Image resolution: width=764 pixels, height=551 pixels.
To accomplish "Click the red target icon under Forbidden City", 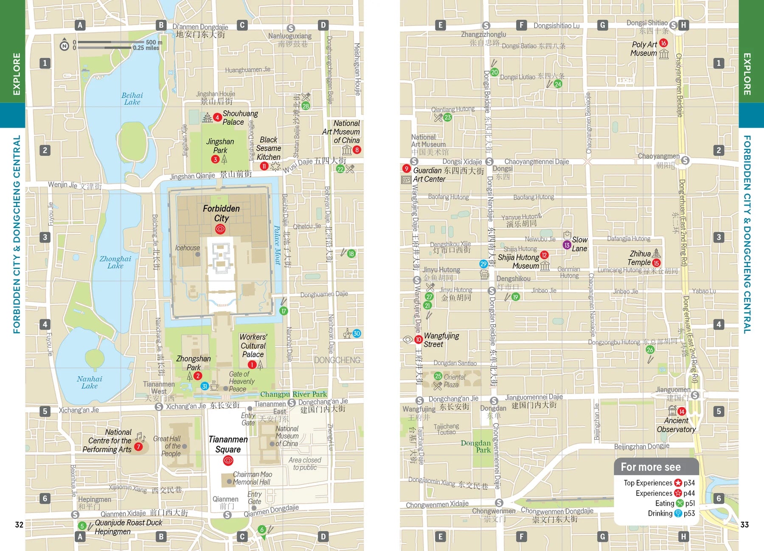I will pos(220,229).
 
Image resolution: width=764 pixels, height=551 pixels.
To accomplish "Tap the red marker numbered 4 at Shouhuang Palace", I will pos(217,117).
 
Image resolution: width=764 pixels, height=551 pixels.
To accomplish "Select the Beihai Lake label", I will pos(132,99).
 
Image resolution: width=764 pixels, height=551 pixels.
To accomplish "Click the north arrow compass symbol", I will pos(64,45).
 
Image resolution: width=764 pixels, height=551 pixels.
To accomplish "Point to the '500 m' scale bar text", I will pos(154,42).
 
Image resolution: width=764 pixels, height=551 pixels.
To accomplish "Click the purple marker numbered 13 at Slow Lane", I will pos(567,245).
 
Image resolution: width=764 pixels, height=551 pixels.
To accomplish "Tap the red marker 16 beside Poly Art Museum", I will pos(663,43).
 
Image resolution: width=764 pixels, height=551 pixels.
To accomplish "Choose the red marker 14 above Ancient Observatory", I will pos(681,411).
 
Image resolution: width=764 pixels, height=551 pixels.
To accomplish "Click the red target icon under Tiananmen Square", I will pos(228,460).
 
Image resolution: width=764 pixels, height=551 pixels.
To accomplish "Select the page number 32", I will pos(19,525).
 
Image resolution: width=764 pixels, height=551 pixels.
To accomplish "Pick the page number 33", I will pos(744,525).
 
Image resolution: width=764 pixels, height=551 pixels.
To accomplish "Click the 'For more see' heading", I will pos(651,467).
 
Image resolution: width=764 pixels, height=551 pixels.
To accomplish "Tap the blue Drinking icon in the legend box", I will pos(678,513).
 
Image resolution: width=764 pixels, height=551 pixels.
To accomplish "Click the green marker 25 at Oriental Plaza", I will pos(438,376).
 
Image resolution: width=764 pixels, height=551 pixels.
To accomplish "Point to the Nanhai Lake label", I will pos(90,382).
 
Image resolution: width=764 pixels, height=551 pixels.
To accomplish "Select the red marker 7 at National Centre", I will pos(138,447).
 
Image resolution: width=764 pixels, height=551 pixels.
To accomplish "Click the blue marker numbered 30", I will pos(357,333).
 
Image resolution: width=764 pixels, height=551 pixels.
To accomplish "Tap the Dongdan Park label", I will pos(476,446).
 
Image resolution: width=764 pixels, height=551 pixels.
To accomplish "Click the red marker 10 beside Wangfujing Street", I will pos(419,339).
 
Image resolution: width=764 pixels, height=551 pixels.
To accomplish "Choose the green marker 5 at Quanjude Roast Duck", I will pos(82,526).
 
